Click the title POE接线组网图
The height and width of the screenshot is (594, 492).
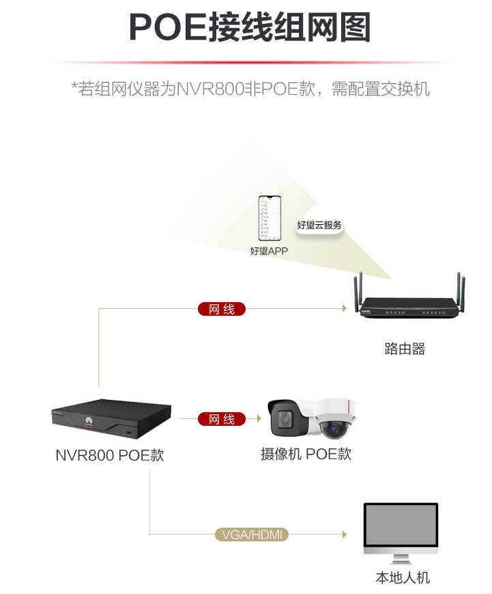[250, 28]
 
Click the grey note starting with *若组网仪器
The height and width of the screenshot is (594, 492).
[250, 89]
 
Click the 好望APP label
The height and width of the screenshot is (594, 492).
[269, 252]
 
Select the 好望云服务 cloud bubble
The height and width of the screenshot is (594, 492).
[319, 225]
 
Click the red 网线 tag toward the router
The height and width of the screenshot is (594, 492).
[221, 310]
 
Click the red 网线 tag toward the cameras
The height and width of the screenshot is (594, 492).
[221, 419]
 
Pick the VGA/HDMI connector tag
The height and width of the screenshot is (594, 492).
[252, 535]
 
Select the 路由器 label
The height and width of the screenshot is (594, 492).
[405, 349]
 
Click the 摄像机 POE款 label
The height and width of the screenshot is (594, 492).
[306, 454]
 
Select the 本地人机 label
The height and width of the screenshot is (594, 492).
[403, 578]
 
